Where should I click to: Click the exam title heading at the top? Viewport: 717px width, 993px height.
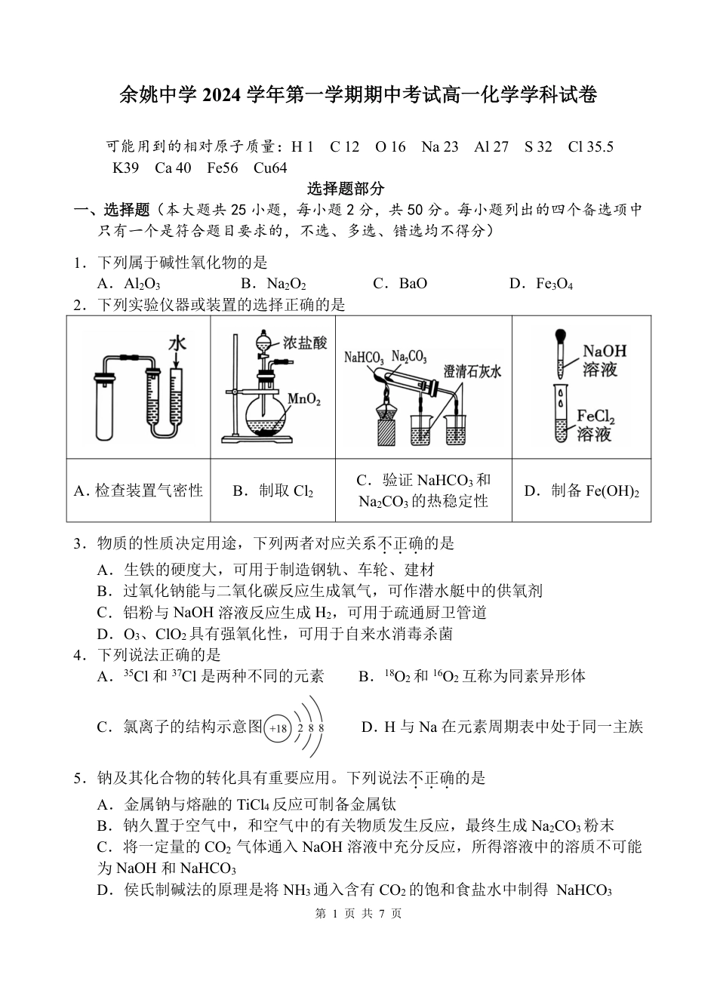[358, 96]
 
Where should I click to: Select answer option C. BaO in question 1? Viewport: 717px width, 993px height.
[400, 284]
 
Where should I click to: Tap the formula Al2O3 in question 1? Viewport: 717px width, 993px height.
[133, 284]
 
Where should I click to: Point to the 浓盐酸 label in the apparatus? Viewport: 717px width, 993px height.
[306, 343]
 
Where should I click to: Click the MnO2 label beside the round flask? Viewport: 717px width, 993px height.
[304, 399]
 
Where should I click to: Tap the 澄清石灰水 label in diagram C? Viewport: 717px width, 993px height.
[473, 371]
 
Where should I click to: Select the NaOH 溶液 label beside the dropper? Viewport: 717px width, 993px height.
[605, 360]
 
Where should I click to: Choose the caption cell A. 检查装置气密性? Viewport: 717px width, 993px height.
[138, 491]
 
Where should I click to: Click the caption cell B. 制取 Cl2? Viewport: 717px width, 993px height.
[272, 491]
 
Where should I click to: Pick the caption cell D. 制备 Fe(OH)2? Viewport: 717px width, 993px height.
[581, 491]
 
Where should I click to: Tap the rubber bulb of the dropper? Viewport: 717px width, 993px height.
[560, 335]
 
